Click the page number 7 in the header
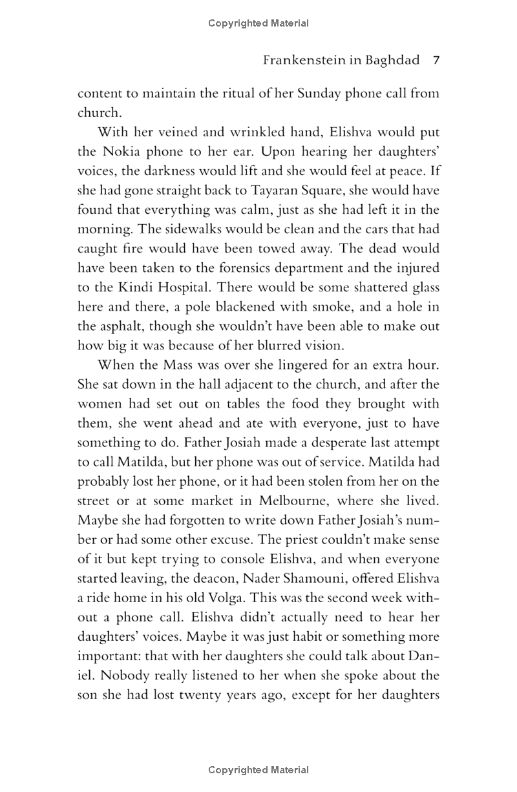point(436,61)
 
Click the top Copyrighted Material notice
point(258,23)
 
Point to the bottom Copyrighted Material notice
point(258,769)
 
